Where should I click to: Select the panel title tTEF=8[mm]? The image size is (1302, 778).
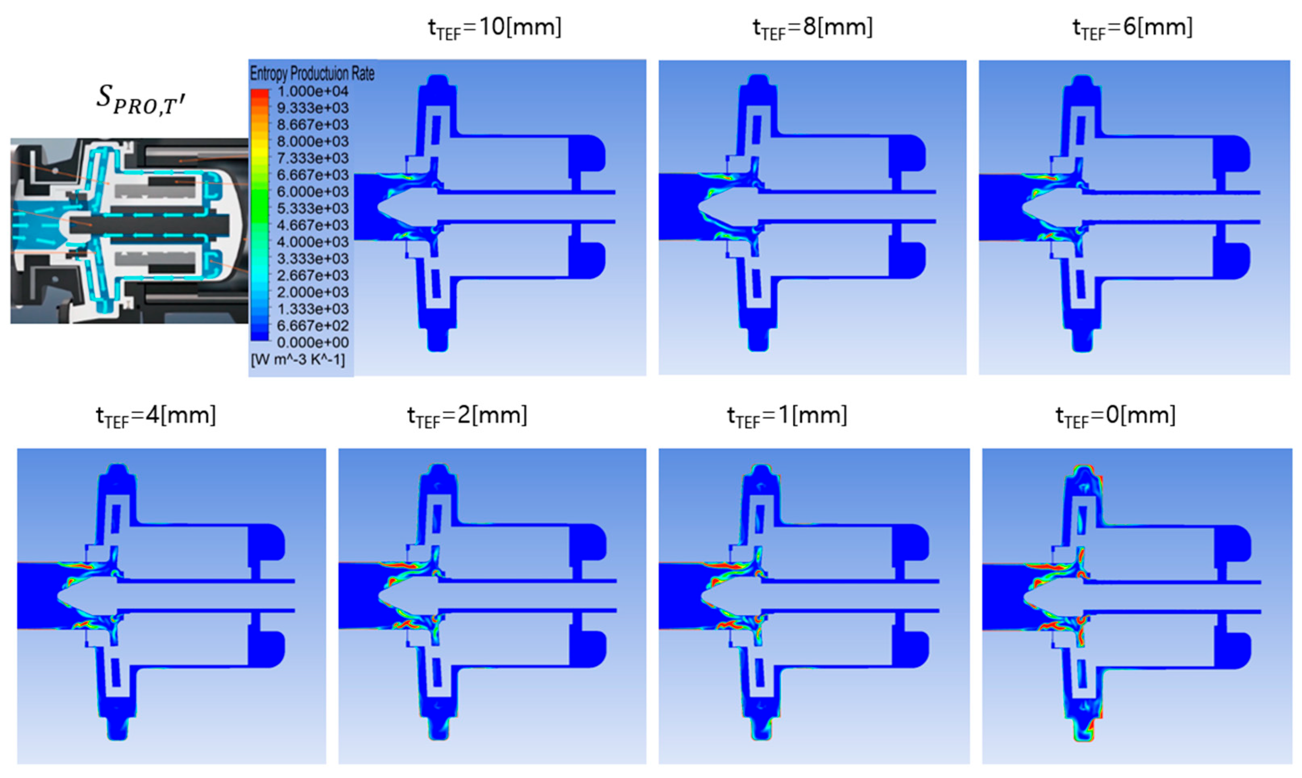pyautogui.click(x=812, y=27)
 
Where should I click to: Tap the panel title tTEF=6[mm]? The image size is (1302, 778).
pyautogui.click(x=1132, y=27)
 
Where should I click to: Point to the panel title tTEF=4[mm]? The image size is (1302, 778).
pyautogui.click(x=156, y=416)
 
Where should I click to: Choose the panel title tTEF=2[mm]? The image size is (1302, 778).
pyautogui.click(x=467, y=416)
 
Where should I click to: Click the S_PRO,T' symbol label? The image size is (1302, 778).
pyautogui.click(x=141, y=99)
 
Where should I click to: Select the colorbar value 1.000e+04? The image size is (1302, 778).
pyautogui.click(x=313, y=91)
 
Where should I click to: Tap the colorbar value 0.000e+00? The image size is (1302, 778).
pyautogui.click(x=313, y=342)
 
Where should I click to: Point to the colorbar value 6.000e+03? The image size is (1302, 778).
pyautogui.click(x=313, y=192)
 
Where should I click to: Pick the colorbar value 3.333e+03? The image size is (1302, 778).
pyautogui.click(x=313, y=259)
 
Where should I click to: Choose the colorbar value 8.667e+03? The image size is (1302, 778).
pyautogui.click(x=313, y=125)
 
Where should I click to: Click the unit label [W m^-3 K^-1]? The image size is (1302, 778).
pyautogui.click(x=298, y=360)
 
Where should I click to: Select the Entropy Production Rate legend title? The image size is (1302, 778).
pyautogui.click(x=312, y=73)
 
